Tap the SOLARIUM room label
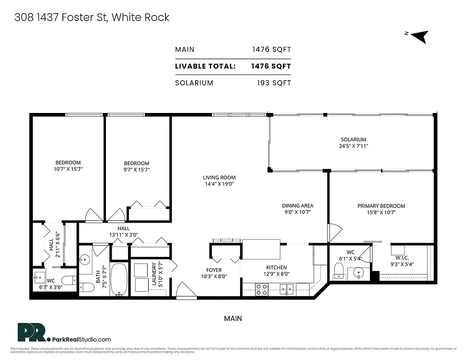point(353,139)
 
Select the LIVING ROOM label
point(219,178)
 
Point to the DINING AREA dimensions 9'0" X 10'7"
point(297,212)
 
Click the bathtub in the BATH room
point(120,279)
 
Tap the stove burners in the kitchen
point(262,289)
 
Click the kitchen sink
point(286,290)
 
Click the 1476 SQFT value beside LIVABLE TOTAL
point(271,66)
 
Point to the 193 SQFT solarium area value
point(274,83)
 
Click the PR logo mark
point(33,332)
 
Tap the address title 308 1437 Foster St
point(91,17)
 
